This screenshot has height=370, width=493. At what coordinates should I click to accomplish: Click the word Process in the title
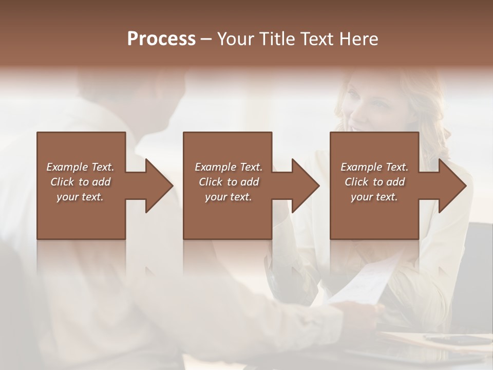pyautogui.click(x=161, y=39)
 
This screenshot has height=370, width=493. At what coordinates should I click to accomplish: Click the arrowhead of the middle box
pyautogui.click(x=305, y=186)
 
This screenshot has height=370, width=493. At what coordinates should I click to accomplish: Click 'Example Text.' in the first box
pyautogui.click(x=80, y=167)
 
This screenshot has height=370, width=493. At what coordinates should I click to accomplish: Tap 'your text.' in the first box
pyautogui.click(x=80, y=197)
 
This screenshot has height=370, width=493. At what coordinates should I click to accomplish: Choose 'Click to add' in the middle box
pyautogui.click(x=229, y=182)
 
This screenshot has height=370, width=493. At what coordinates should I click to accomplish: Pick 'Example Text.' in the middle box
pyautogui.click(x=229, y=167)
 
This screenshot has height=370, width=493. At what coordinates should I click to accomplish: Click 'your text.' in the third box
pyautogui.click(x=374, y=197)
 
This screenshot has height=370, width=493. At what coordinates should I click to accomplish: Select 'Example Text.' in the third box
pyautogui.click(x=374, y=167)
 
